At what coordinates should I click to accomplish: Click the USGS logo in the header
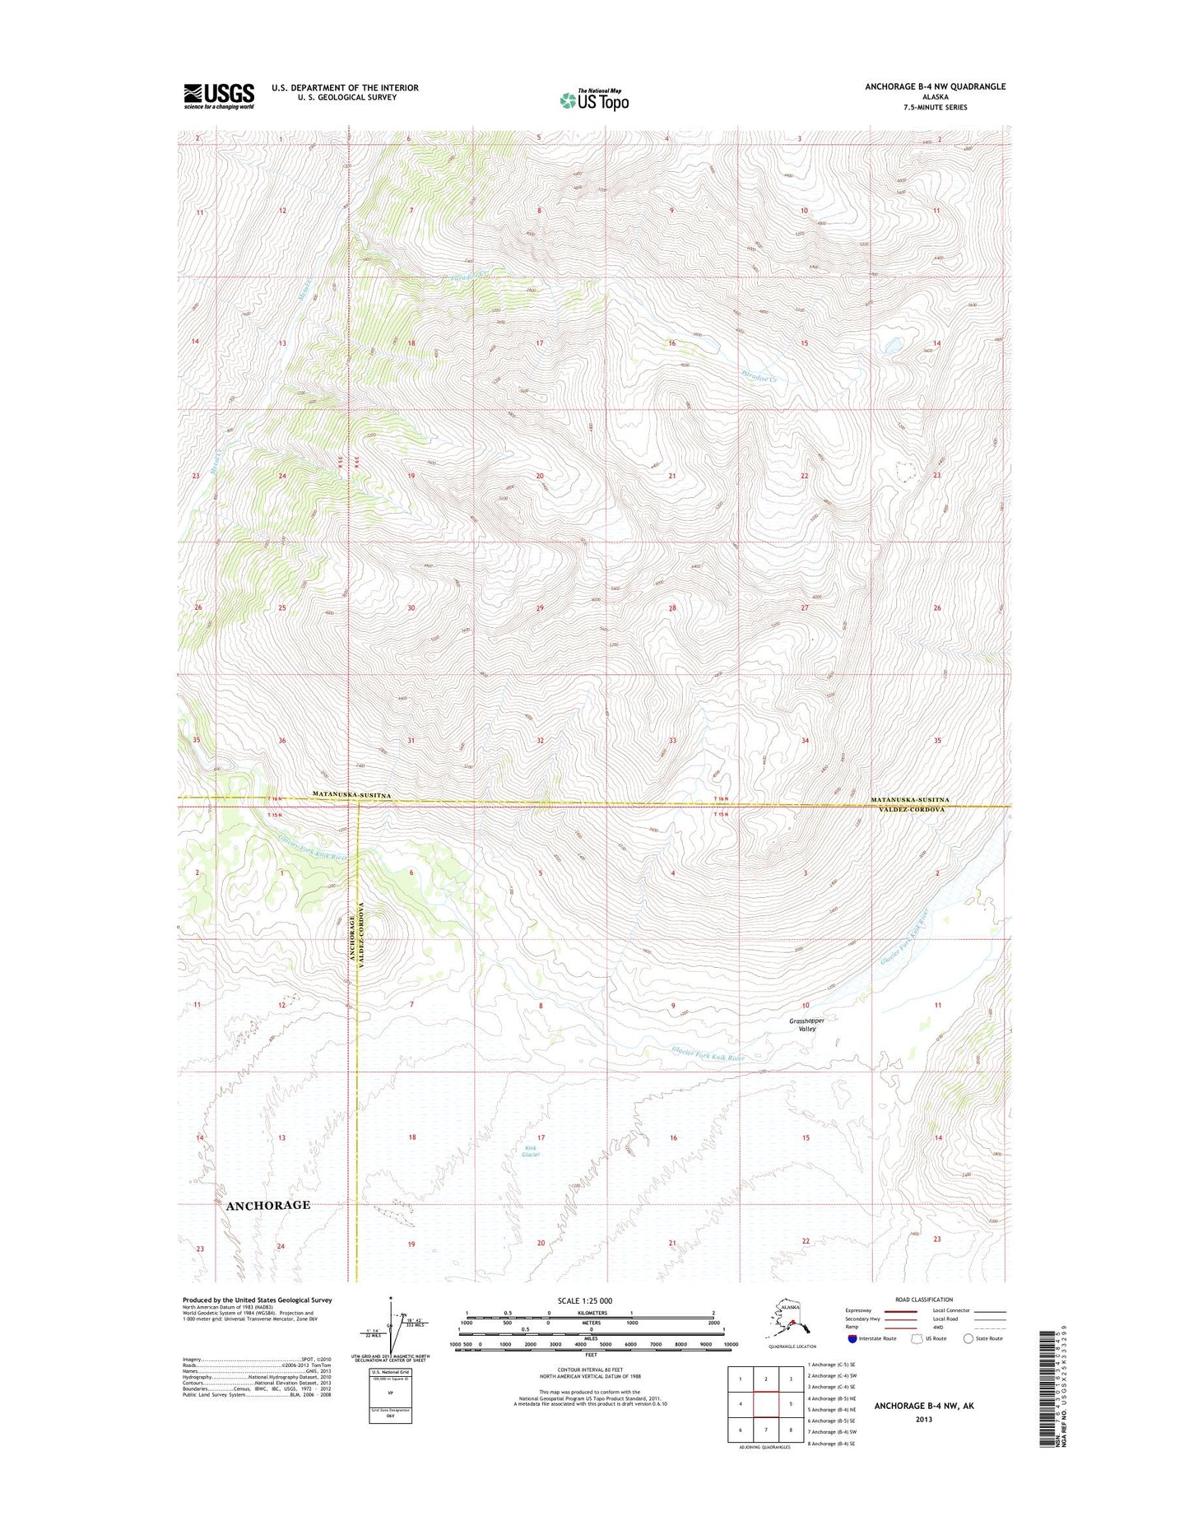tap(218, 95)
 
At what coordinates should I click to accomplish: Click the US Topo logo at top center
tap(594, 100)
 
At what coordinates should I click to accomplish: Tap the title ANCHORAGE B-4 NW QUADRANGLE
tap(935, 86)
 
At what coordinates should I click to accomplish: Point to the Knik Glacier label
tap(531, 1151)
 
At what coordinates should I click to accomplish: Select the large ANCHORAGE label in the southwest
tap(268, 1205)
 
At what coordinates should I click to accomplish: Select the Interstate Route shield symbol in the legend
tap(852, 1338)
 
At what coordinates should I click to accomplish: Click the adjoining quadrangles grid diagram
tap(766, 1403)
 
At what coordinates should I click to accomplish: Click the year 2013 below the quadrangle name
tap(923, 1419)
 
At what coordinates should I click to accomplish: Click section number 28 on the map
tap(672, 608)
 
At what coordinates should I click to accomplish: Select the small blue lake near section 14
tap(892, 348)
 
